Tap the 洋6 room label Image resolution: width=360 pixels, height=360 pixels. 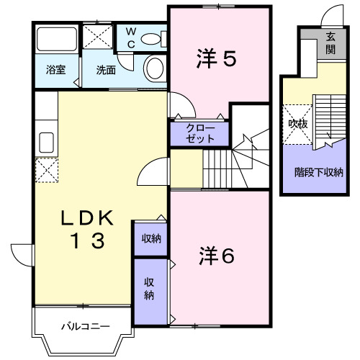click(217, 256)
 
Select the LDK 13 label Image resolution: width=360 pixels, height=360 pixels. click(87, 229)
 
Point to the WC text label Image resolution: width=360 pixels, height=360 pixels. click(131, 37)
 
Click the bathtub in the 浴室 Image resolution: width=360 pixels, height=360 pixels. click(57, 40)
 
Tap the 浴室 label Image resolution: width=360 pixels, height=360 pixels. click(56, 70)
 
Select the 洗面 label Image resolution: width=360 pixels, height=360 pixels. click(106, 70)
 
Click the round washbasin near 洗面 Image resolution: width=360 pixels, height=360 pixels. click(155, 68)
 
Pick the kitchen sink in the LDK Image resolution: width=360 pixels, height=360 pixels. click(46, 143)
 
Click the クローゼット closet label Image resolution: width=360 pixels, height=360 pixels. click(200, 133)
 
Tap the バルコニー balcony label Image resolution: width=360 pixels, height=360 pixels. click(86, 326)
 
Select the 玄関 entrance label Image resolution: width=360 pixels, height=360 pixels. click(330, 43)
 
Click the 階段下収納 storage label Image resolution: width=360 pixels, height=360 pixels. click(319, 172)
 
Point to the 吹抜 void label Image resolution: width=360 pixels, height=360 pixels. click(298, 124)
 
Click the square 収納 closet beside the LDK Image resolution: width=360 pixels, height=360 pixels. click(150, 239)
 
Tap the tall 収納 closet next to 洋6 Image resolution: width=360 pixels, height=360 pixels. click(150, 292)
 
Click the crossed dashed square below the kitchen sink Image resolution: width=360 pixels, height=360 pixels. click(47, 170)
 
